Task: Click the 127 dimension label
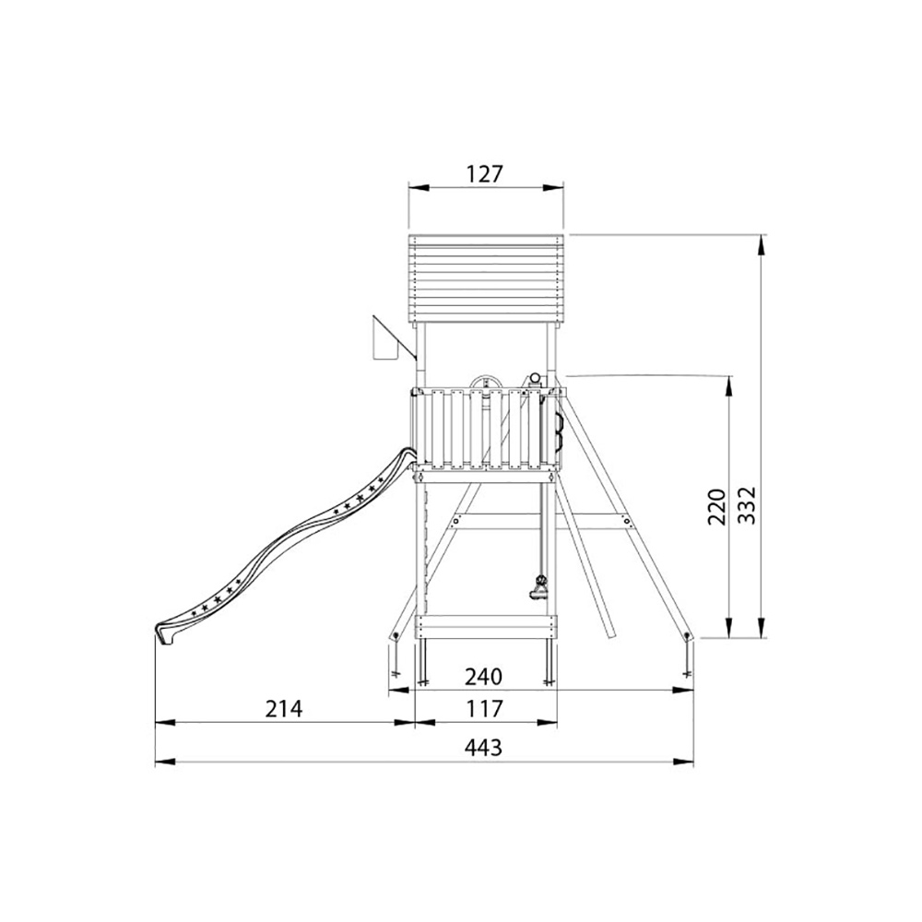tap(485, 174)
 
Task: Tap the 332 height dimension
tap(746, 505)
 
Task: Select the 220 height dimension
tap(716, 505)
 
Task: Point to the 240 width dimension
tap(484, 676)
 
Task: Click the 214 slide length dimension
tap(283, 708)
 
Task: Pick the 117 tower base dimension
tap(485, 708)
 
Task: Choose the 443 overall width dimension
tap(483, 748)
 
